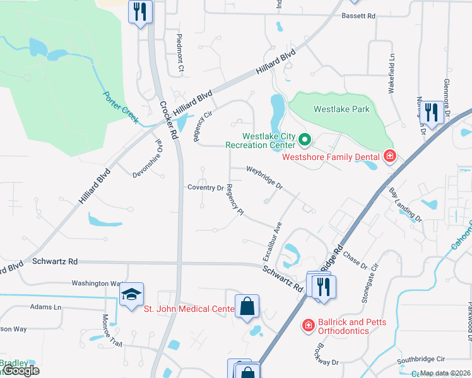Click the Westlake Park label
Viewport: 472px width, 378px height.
(342, 109)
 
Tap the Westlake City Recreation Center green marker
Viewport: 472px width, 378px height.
(305, 139)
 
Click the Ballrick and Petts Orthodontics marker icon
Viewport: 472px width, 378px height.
(309, 325)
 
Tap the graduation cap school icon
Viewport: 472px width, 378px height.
(133, 294)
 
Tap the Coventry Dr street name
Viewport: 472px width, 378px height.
(206, 187)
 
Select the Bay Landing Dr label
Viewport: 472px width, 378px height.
(405, 204)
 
